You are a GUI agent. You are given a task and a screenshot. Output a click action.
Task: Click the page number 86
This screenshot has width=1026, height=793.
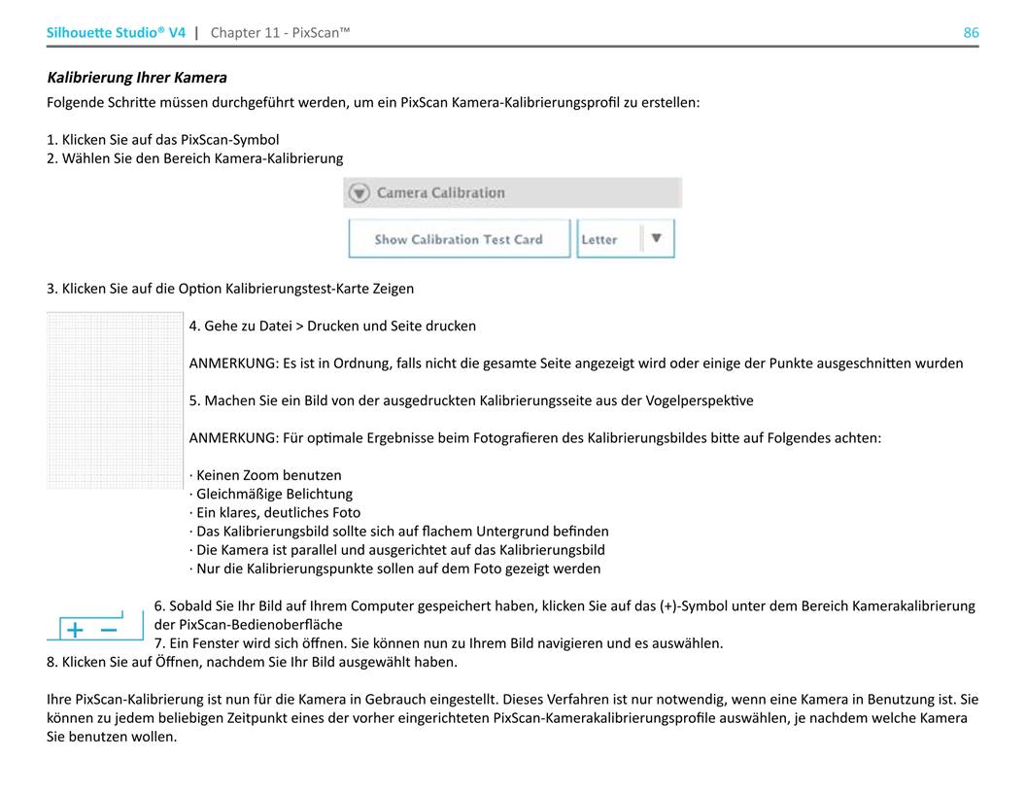(971, 33)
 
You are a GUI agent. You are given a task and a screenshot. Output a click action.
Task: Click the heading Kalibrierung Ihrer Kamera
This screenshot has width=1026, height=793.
(137, 78)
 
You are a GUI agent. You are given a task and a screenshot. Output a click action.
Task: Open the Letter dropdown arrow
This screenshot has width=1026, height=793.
(657, 238)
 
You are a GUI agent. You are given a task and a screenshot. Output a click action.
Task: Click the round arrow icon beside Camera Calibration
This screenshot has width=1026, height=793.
(359, 192)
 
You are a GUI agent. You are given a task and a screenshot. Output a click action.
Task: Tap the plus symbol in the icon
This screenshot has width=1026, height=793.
(75, 630)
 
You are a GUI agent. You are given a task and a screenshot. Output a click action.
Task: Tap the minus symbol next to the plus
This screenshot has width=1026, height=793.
(109, 630)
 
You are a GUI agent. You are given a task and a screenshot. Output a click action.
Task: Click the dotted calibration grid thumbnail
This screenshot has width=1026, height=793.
(115, 399)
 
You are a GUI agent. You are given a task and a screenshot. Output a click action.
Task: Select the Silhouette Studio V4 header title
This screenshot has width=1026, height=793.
(116, 33)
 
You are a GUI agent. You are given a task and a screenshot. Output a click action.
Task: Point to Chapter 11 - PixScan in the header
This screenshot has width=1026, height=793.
(280, 33)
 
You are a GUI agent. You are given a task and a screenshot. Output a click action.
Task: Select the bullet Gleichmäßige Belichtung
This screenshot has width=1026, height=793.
(274, 494)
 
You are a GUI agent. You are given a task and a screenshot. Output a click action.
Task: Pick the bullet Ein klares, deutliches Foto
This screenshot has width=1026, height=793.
(278, 512)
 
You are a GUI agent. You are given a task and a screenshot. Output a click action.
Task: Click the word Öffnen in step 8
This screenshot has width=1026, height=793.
(154, 662)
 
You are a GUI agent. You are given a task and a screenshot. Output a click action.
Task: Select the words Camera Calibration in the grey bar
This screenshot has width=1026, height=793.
(440, 192)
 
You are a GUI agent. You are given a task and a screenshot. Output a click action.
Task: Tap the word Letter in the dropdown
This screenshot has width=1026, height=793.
(599, 239)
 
